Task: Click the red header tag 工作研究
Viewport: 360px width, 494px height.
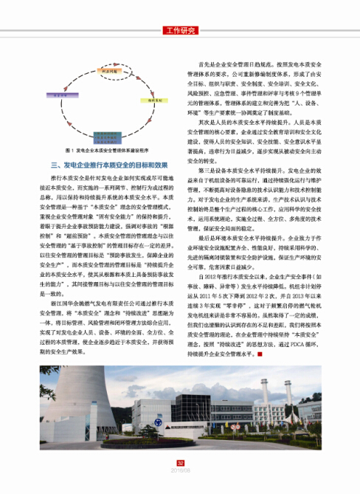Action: coord(180,30)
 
